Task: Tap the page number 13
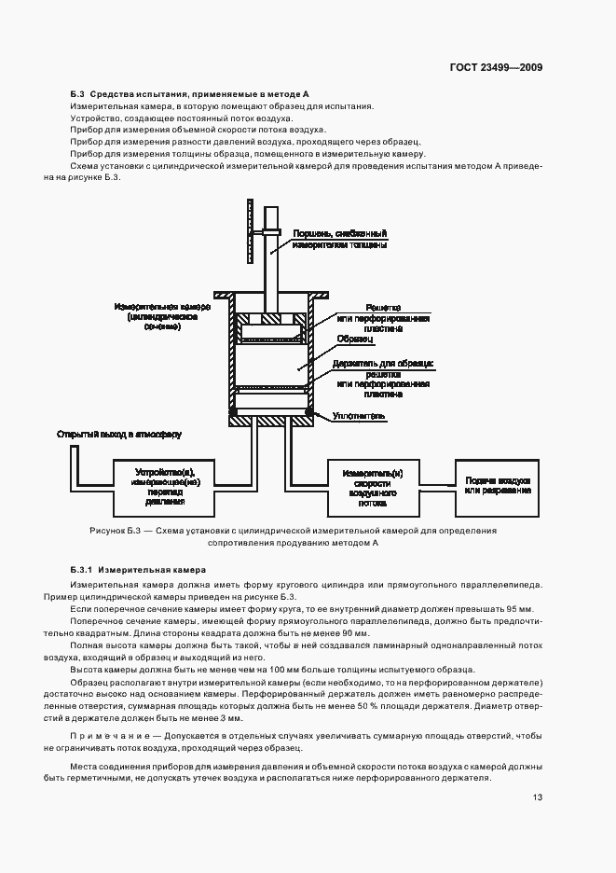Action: tap(538, 797)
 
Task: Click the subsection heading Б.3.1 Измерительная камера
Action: tap(137, 569)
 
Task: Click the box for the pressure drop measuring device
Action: tap(167, 483)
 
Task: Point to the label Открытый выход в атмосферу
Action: tap(119, 435)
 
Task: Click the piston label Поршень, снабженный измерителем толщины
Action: tap(340, 239)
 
